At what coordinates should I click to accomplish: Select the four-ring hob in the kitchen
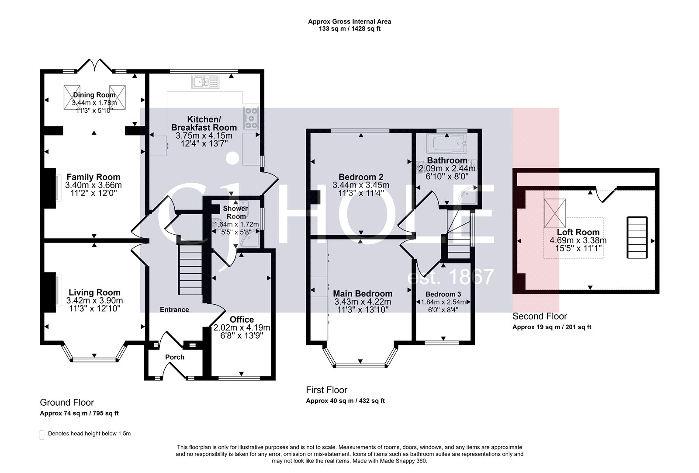coord(252,118)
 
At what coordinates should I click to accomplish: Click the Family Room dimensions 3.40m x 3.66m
coord(93,185)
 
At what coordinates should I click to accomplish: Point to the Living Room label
coord(94,292)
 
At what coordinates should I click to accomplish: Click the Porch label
coord(175,357)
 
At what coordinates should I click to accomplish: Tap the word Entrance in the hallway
coord(174,310)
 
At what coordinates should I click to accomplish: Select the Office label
coord(242,320)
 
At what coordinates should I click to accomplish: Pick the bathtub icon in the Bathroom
coord(446,142)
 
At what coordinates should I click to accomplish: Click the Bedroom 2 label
coord(361,177)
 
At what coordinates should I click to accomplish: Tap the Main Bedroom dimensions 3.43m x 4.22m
coord(363,302)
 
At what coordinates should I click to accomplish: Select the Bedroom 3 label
coord(443,294)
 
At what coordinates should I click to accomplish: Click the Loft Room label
coord(578,232)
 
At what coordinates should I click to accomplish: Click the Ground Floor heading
coord(67,403)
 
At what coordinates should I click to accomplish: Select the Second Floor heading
coord(540,316)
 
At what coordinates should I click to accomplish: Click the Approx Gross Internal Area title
coord(349,21)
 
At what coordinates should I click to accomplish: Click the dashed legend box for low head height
coord(42,435)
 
